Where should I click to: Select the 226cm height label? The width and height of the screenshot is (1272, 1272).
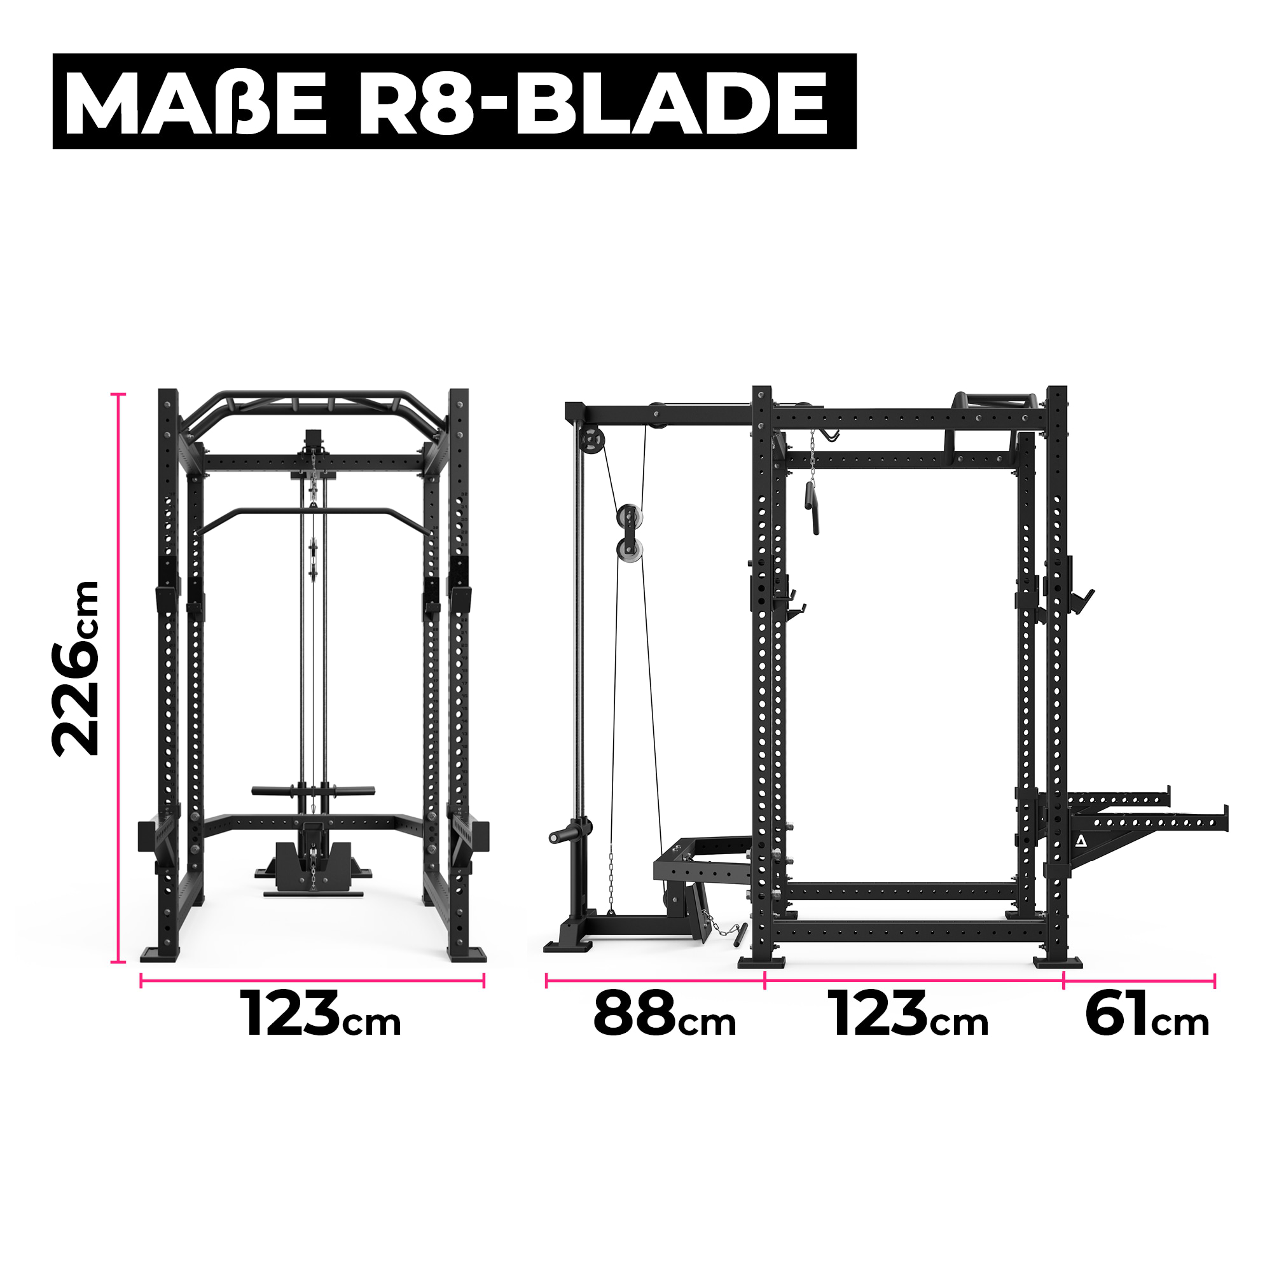pyautogui.click(x=77, y=668)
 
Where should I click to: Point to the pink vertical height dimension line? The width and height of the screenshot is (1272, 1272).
pyautogui.click(x=118, y=678)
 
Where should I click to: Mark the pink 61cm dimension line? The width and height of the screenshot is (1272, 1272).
pyautogui.click(x=1139, y=981)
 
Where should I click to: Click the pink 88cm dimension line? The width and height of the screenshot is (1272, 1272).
pyautogui.click(x=655, y=981)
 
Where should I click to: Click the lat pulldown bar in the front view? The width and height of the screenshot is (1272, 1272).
pyautogui.click(x=314, y=512)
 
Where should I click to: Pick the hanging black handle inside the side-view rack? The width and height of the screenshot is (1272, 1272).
pyautogui.click(x=811, y=506)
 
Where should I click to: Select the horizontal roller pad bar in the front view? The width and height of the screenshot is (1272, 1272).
pyautogui.click(x=314, y=791)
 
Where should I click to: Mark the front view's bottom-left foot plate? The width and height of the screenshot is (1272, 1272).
pyautogui.click(x=160, y=955)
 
